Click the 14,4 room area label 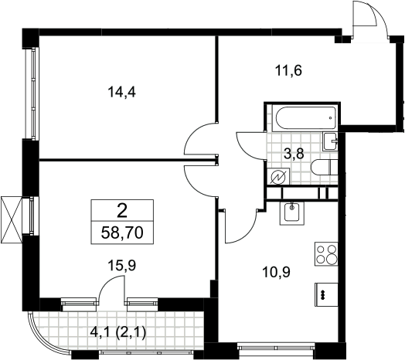[122, 92]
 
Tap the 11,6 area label [288, 70]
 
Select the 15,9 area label [122, 266]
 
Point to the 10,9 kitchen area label [277, 272]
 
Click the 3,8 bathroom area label [294, 155]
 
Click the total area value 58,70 [122, 233]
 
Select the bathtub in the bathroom [306, 118]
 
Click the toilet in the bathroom [325, 168]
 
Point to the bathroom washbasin [330, 141]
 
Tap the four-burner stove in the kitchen [326, 254]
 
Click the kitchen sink [292, 212]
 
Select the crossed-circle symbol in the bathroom [278, 176]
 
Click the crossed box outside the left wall [11, 219]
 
